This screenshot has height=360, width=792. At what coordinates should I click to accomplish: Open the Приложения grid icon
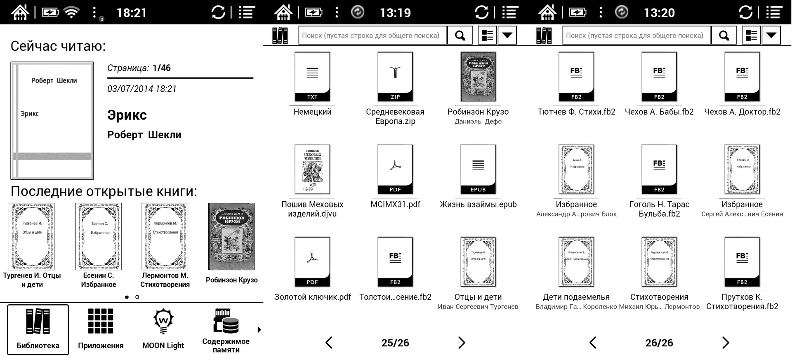tap(101, 321)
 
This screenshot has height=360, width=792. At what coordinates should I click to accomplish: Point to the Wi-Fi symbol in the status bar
tap(72, 12)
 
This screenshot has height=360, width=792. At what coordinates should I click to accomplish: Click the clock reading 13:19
tap(395, 13)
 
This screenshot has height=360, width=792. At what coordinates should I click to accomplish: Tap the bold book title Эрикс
tap(127, 115)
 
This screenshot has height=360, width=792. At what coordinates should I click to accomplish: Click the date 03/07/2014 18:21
tap(142, 89)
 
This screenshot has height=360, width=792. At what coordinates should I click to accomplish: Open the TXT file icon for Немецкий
tap(312, 77)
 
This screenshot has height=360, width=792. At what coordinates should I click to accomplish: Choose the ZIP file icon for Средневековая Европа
tap(395, 77)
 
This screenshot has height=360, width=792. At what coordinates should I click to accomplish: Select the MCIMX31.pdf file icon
tap(395, 169)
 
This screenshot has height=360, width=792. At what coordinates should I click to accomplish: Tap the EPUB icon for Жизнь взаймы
tap(478, 169)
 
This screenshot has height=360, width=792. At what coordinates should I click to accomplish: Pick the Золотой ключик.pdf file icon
tap(312, 262)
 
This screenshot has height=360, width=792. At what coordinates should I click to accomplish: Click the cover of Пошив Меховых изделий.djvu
tap(312, 169)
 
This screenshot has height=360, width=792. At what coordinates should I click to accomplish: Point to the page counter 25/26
tap(395, 343)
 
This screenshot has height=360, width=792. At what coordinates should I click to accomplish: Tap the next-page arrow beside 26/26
tap(726, 343)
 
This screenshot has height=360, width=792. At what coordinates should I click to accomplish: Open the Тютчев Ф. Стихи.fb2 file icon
tap(576, 77)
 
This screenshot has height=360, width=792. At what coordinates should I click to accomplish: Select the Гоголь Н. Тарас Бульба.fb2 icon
tap(659, 169)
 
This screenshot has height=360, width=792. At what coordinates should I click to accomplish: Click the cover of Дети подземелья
tap(576, 262)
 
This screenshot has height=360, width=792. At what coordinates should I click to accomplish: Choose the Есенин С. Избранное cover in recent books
tap(99, 236)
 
